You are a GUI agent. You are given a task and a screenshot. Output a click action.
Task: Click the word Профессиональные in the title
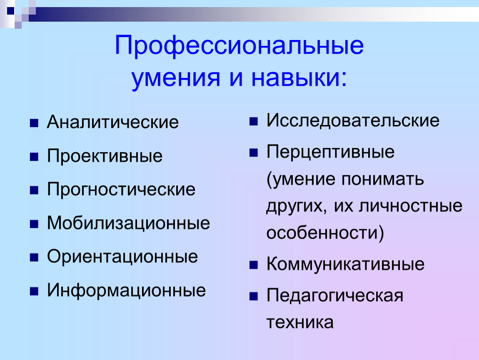pos(239,46)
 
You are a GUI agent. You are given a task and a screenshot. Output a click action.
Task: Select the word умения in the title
pos(176,79)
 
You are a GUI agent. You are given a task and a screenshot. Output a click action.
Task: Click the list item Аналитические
pos(113,122)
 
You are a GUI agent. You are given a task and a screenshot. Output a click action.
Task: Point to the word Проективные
pos(105,156)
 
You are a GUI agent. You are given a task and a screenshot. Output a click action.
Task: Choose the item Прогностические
pos(121,189)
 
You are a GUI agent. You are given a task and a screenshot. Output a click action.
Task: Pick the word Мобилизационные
pos(128,223)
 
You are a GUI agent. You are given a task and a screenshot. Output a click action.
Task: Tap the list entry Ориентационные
pos(122,256)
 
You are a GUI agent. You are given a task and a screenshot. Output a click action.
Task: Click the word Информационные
pos(126,290)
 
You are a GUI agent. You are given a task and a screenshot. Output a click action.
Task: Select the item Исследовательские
pos(353,120)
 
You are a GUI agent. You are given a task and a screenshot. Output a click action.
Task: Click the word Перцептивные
pos(330,152)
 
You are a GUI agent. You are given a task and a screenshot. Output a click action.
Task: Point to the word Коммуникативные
pos(345,264)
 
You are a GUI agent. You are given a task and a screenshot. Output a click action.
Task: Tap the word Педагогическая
pos(335,295)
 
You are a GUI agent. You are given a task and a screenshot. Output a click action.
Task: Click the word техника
pos(299,322)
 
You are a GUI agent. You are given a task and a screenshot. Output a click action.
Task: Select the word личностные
pos(410,206)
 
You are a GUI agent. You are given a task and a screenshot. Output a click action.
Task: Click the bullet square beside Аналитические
pos(34,123)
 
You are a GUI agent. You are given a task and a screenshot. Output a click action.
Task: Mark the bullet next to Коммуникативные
pos(254,265)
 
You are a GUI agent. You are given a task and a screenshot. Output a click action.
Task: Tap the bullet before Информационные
pos(34,291)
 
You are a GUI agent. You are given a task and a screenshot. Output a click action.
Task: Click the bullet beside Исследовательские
pos(254,122)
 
